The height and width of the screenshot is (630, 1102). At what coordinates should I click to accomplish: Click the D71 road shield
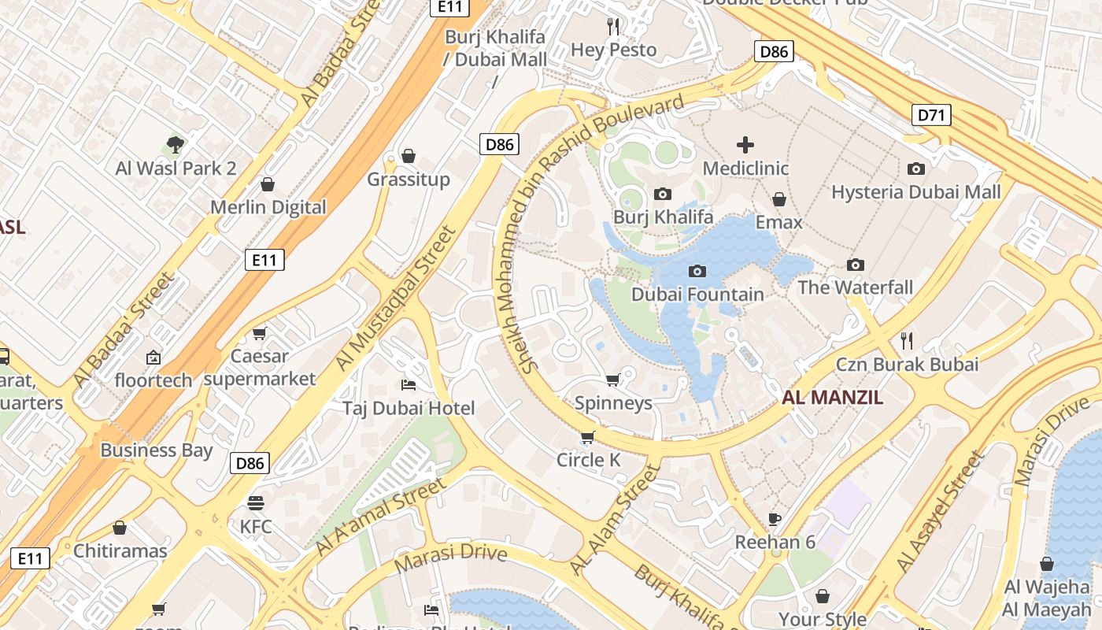pyautogui.click(x=931, y=116)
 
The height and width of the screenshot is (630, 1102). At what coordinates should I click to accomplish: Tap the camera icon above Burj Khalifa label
pyautogui.click(x=663, y=194)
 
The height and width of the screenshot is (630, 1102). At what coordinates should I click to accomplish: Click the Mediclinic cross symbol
pyautogui.click(x=745, y=145)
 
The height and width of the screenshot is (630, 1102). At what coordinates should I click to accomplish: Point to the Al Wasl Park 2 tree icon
pyautogui.click(x=176, y=145)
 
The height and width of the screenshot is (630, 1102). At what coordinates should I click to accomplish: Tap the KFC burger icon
pyautogui.click(x=256, y=502)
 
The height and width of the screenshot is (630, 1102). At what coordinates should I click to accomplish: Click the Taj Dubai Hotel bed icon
pyautogui.click(x=409, y=384)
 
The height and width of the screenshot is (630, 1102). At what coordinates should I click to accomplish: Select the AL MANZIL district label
pyautogui.click(x=832, y=398)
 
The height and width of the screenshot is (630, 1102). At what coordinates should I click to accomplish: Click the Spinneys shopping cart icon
pyautogui.click(x=612, y=380)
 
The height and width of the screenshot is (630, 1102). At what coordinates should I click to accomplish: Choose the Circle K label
pyautogui.click(x=588, y=460)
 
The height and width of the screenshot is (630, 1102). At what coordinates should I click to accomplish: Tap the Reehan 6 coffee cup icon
pyautogui.click(x=775, y=518)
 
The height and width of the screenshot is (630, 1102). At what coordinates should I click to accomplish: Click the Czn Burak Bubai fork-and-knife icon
pyautogui.click(x=907, y=340)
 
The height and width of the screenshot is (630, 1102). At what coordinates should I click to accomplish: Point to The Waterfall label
pyautogui.click(x=855, y=287)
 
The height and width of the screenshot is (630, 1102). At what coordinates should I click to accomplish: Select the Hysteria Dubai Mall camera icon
pyautogui.click(x=915, y=169)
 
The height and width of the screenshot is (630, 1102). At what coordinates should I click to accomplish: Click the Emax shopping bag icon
pyautogui.click(x=778, y=199)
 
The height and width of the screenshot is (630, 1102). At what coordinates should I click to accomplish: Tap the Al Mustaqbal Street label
pyautogui.click(x=395, y=299)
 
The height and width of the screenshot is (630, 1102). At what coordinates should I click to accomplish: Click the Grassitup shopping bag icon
pyautogui.click(x=408, y=156)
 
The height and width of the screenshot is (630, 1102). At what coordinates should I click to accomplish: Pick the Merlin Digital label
pyautogui.click(x=268, y=207)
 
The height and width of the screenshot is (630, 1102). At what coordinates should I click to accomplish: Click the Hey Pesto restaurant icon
pyautogui.click(x=613, y=27)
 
